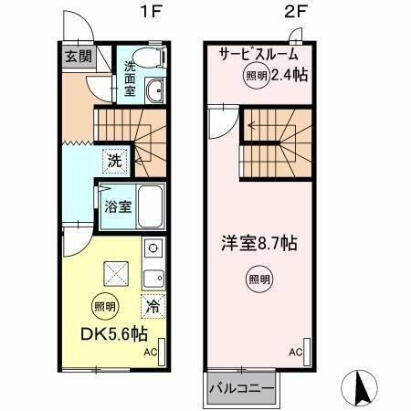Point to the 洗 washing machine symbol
(114, 160)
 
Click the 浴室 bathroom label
(116, 205)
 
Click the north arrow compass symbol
(362, 388)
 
